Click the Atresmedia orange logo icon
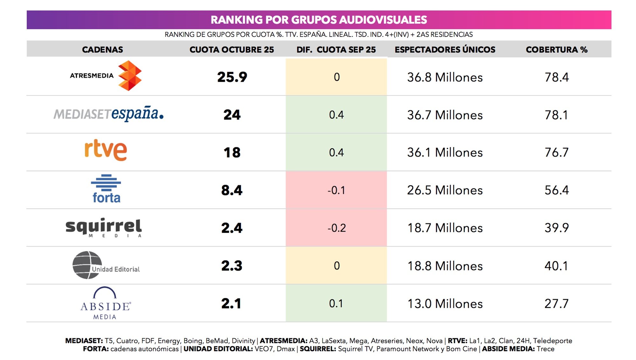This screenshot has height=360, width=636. click(x=129, y=76)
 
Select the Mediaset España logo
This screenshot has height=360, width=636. click(x=108, y=114)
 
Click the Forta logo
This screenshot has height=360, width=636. click(x=106, y=189)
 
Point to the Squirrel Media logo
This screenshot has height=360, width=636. click(x=104, y=227)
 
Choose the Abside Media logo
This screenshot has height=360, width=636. click(x=105, y=303)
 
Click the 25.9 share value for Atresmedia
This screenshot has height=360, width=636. click(x=232, y=77)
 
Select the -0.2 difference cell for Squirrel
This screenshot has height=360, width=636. click(x=336, y=228)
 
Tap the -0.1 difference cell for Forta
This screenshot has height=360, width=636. click(x=336, y=190)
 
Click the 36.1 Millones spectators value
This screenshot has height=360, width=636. click(x=445, y=153)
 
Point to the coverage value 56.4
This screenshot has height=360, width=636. click(x=556, y=190)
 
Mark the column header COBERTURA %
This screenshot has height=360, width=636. click(x=556, y=50)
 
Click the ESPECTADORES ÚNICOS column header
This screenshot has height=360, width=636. click(x=445, y=50)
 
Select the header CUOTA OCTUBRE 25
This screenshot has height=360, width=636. click(x=232, y=50)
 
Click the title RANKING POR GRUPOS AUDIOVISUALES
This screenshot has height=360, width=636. click(x=319, y=20)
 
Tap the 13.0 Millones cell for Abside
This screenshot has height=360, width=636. click(x=445, y=304)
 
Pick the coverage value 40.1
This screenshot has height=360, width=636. click(x=556, y=266)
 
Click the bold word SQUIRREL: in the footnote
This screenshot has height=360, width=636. click(x=318, y=349)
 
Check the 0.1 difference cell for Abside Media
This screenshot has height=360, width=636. click(x=336, y=303)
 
